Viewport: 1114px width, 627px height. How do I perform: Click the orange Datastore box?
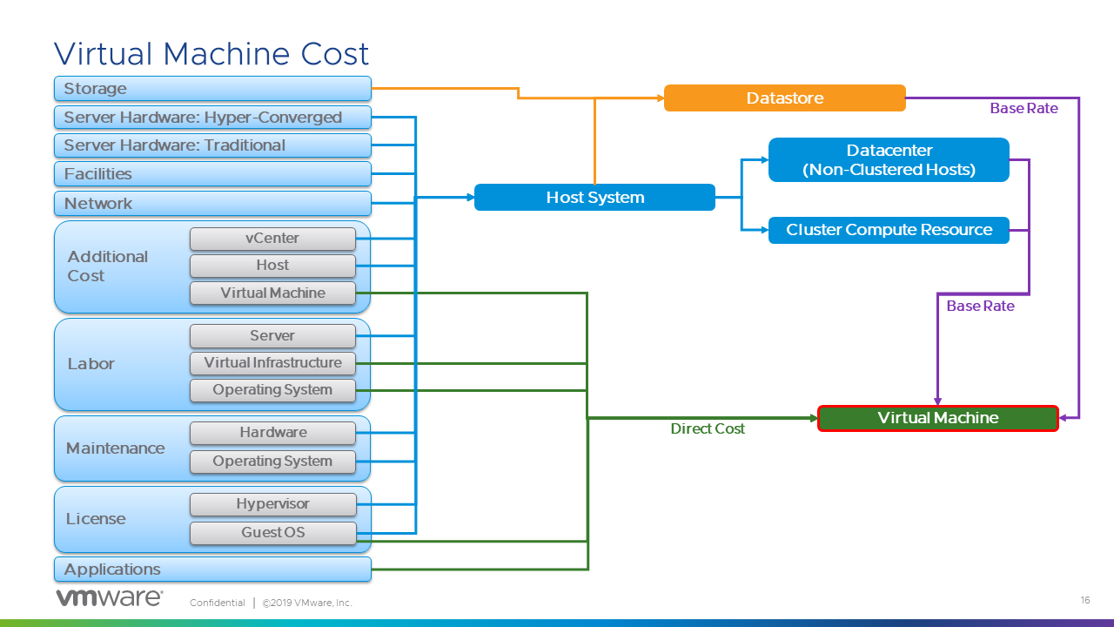tap(784, 98)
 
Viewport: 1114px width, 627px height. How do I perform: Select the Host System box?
tap(594, 198)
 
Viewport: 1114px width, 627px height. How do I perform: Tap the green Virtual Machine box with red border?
tap(937, 418)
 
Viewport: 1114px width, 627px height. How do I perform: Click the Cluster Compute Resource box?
tap(889, 230)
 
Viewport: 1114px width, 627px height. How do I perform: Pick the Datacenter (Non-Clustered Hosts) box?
tap(889, 160)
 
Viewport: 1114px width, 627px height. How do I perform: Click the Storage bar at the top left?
tap(212, 89)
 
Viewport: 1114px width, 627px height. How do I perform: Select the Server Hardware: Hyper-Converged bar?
tap(212, 118)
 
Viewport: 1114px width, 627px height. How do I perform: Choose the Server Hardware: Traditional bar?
tap(212, 145)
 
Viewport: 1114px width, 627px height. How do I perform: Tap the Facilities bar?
tap(212, 174)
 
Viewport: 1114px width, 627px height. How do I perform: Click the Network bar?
tap(212, 204)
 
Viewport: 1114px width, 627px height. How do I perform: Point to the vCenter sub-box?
tap(272, 239)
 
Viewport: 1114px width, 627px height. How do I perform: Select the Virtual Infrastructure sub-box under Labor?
tap(272, 363)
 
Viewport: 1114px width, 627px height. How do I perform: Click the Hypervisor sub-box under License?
tap(272, 504)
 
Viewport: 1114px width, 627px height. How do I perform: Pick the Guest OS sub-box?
tap(272, 533)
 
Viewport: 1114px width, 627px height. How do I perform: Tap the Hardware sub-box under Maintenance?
tap(272, 433)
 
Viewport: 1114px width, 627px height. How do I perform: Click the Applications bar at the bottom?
tap(212, 570)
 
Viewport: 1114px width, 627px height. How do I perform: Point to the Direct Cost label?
tap(708, 429)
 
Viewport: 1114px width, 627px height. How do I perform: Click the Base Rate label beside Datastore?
tap(1023, 109)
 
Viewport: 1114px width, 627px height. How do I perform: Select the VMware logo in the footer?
tap(110, 598)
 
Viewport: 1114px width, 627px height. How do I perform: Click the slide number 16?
tap(1084, 600)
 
